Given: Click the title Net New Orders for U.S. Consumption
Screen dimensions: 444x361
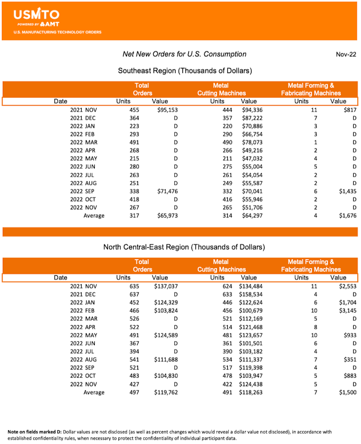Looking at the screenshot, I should pos(184,54).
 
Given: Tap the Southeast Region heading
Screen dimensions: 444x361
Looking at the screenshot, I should pos(185,71).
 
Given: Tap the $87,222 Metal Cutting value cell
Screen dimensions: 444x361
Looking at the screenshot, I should pos(251,118).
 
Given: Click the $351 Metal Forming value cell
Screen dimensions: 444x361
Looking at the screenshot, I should pos(350,360).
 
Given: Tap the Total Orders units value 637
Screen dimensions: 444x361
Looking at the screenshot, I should pos(134,294).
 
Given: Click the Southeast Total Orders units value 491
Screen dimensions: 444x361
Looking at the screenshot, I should pos(134,142).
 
